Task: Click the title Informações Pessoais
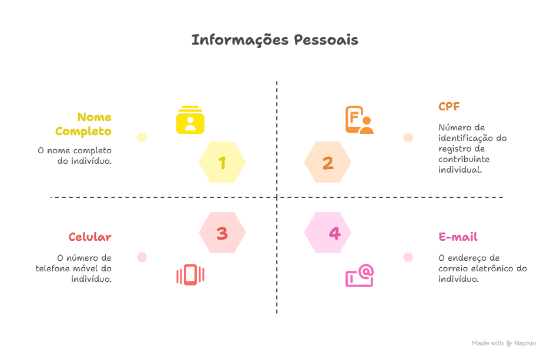tap(274, 41)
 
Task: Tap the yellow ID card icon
tap(190, 120)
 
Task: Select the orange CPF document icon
tap(359, 120)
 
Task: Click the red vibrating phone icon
tap(190, 275)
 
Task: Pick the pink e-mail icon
tap(359, 275)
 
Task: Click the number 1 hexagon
tap(222, 163)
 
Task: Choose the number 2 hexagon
tap(328, 163)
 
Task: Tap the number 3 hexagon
tap(222, 233)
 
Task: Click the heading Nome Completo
tap(84, 124)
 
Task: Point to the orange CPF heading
tap(449, 107)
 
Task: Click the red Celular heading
tap(90, 237)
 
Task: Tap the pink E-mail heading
tap(458, 237)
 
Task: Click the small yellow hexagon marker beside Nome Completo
tap(142, 137)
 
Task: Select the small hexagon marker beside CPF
tap(408, 137)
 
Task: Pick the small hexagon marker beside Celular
tap(142, 257)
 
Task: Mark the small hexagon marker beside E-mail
tap(408, 257)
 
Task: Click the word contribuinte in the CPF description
tap(464, 159)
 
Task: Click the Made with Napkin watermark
tap(504, 343)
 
